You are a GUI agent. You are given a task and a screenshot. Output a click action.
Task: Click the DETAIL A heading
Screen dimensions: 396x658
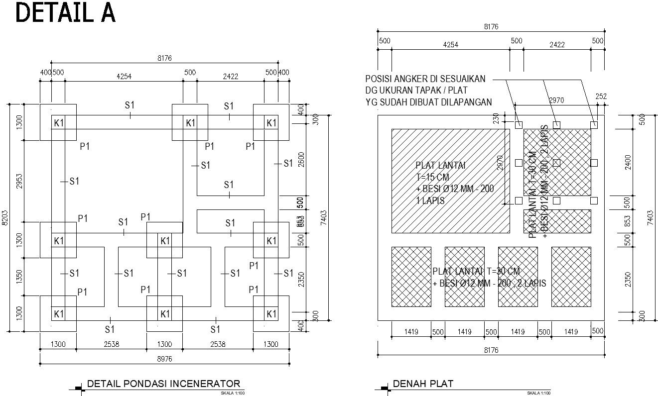[65, 13]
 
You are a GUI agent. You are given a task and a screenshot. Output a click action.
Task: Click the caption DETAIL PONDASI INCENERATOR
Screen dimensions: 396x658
[163, 384]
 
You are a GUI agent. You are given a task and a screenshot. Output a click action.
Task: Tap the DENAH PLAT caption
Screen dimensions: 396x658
[423, 384]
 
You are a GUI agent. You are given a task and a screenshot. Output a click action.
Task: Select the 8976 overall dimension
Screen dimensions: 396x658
[164, 358]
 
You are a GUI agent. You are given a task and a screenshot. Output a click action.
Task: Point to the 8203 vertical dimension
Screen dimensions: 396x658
[4, 217]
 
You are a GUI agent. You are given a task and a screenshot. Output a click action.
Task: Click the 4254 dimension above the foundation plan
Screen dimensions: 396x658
[124, 77]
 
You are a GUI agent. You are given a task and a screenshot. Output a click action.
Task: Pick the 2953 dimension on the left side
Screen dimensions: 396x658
[19, 181]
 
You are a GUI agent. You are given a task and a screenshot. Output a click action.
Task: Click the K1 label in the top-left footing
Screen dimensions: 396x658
[59, 123]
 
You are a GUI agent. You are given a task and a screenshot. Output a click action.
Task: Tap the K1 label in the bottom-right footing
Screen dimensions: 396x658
[271, 314]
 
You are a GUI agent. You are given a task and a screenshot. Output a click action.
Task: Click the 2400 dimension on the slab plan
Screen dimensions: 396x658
[628, 162]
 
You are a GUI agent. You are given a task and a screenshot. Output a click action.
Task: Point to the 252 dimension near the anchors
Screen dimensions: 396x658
[601, 97]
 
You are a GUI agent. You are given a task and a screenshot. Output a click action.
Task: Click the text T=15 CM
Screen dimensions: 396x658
[433, 177]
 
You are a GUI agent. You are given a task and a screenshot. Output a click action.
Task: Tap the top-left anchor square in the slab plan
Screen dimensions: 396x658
[519, 125]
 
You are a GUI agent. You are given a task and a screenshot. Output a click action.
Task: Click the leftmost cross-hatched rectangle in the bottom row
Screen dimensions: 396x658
[411, 276]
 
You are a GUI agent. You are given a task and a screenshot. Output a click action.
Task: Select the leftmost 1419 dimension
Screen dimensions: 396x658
[411, 331]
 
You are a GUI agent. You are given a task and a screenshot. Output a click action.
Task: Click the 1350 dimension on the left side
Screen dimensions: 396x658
[19, 277]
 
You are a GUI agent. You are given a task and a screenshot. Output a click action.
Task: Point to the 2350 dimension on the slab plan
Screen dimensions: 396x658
[628, 279]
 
